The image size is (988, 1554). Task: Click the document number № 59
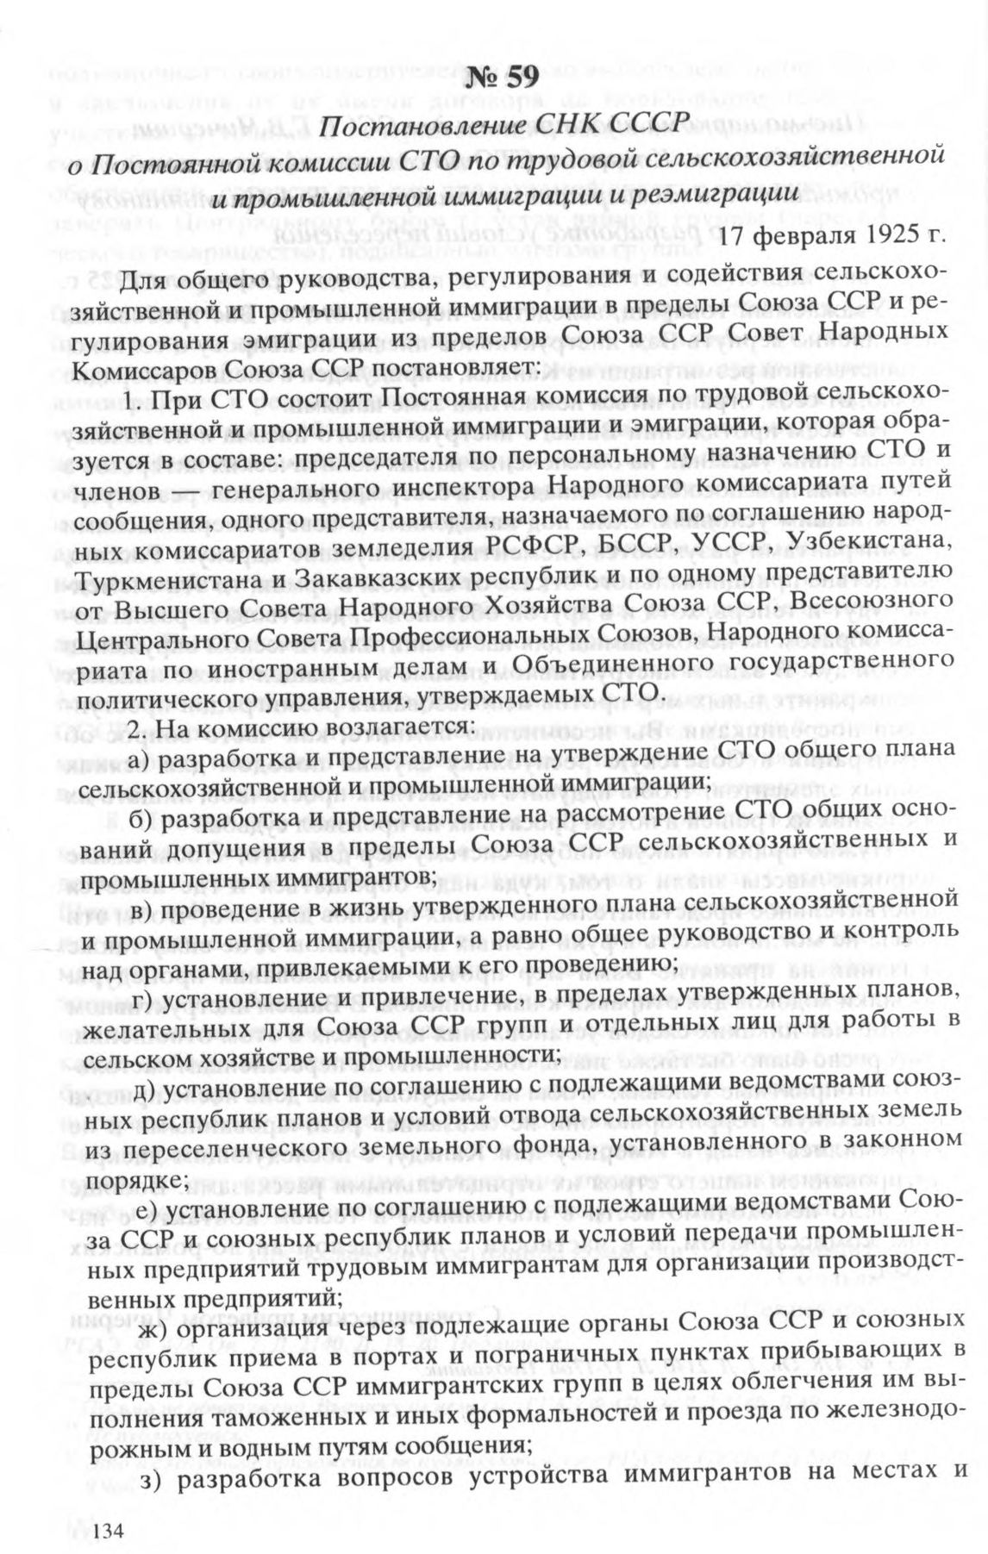coord(503,77)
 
